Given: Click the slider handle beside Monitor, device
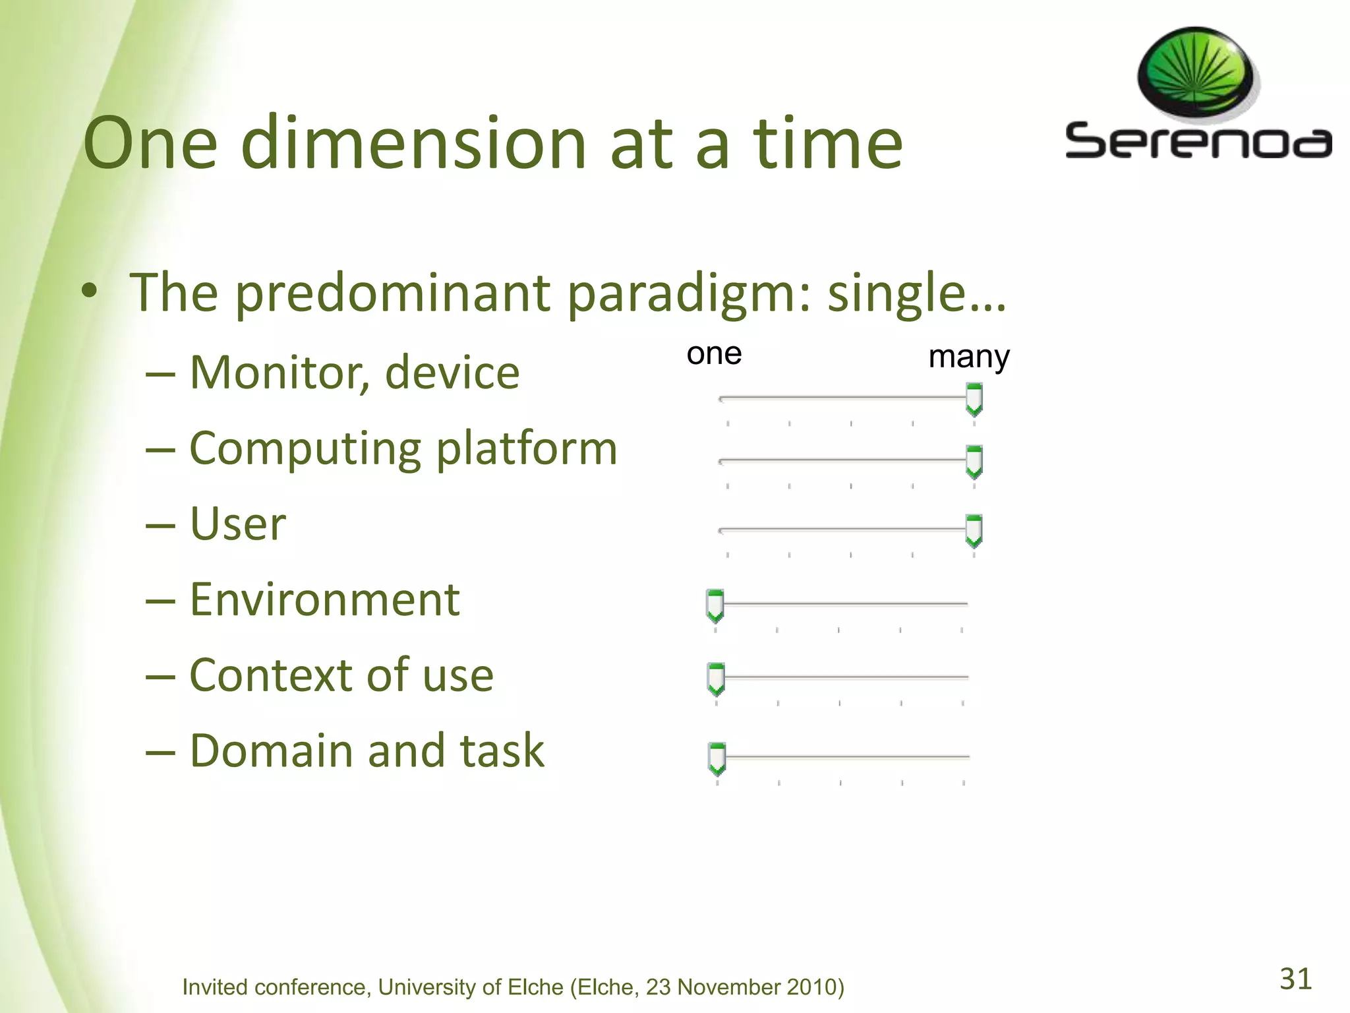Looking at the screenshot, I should coord(974,400).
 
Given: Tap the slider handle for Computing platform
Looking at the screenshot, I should coord(974,462).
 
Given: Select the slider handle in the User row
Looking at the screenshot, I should coord(974,531).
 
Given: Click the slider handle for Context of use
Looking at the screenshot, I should coord(716,679).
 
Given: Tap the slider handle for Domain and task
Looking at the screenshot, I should coord(717,758).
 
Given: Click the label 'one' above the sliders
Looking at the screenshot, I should coord(714,354).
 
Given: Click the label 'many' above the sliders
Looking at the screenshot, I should coord(968,357).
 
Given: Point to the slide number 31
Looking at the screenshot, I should coord(1295,979).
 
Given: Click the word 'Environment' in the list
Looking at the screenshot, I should coord(324,600).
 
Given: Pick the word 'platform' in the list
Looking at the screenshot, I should coord(526,449).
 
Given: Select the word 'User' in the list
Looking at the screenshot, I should coord(237,525).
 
